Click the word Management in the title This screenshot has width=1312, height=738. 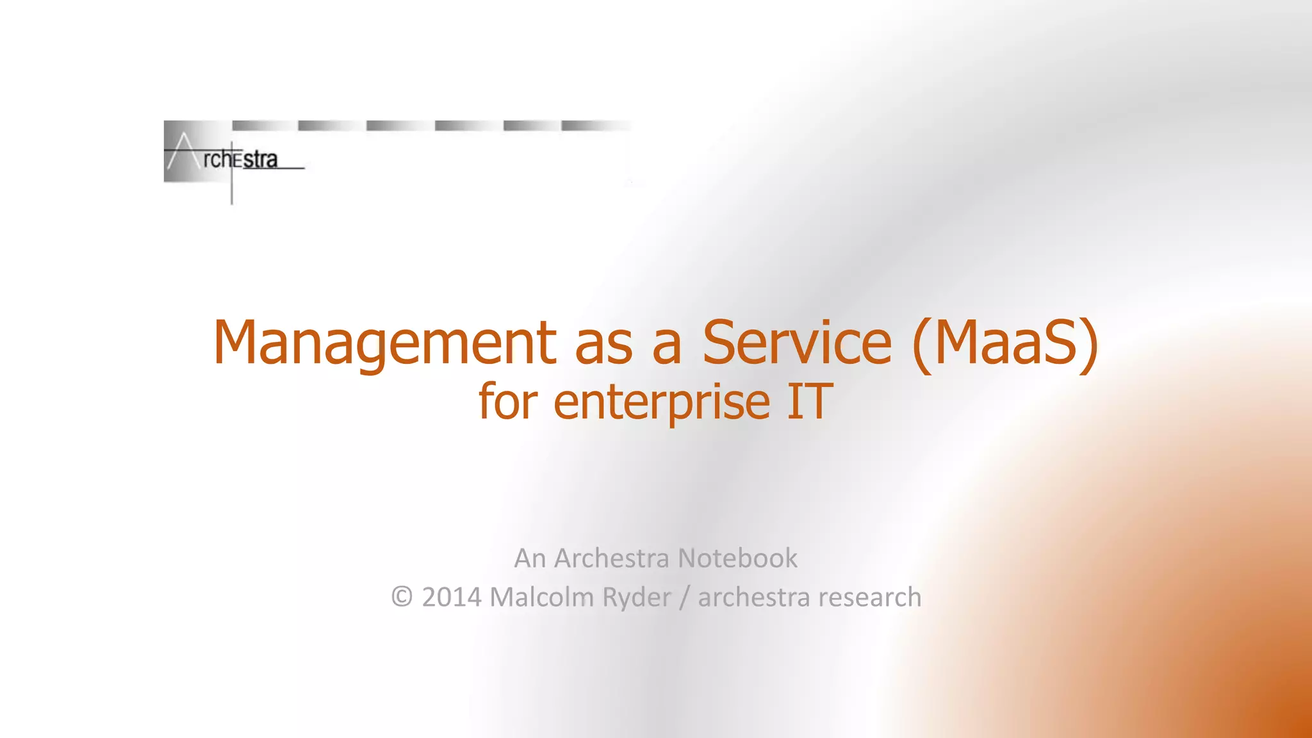point(384,343)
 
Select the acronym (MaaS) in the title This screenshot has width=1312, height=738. point(1004,343)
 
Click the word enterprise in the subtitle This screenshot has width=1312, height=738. point(662,402)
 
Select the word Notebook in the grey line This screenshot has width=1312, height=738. point(737,558)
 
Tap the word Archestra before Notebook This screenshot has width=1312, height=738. point(612,558)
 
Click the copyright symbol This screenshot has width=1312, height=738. point(402,597)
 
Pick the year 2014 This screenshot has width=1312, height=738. point(452,597)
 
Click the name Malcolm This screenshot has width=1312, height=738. point(542,597)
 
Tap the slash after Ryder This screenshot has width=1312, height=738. point(684,597)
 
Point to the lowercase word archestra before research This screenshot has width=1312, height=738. point(753,597)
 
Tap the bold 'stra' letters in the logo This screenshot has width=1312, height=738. point(260,160)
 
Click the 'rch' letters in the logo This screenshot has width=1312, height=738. point(216,160)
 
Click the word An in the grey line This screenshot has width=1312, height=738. point(530,558)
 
